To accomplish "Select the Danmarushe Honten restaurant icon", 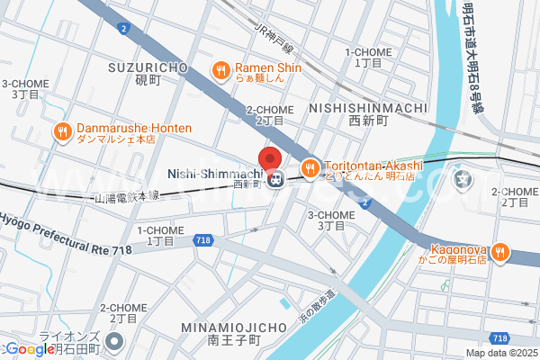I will coord(62,132).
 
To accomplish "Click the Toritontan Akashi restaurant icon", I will coord(309,168).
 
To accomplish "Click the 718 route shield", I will coord(202,240).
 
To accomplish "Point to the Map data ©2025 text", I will coord(499,353).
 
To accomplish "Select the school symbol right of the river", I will coord(463,180).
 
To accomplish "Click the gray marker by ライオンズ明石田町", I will coord(114,341).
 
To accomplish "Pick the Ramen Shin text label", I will coord(268,68).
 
